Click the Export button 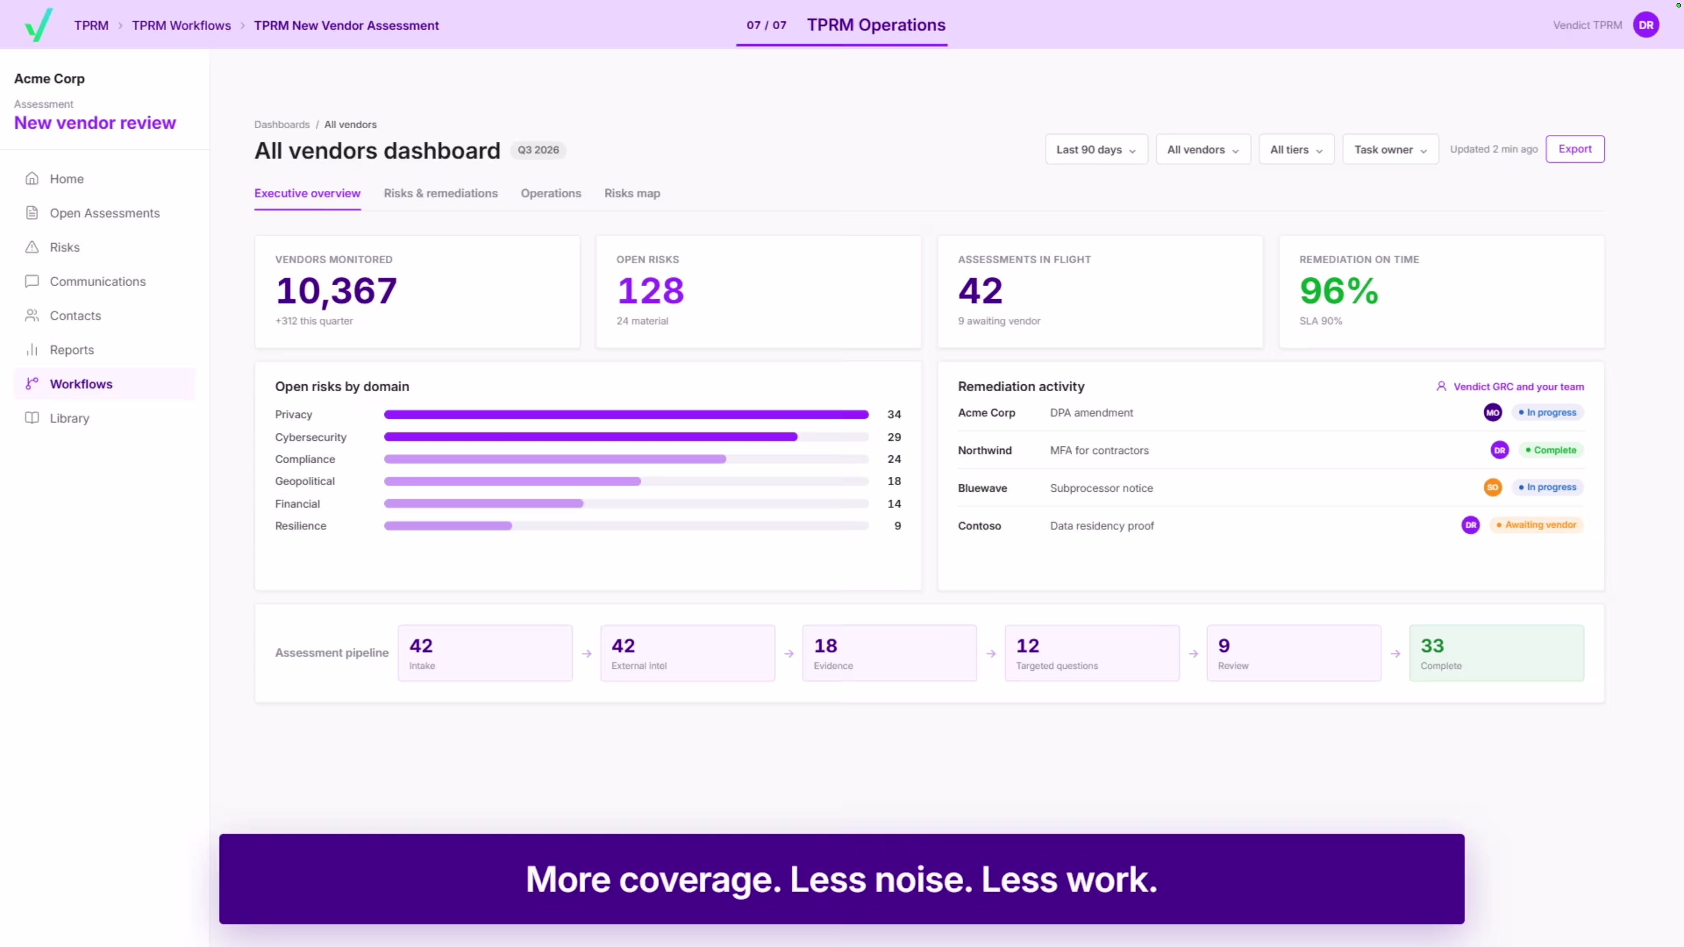point(1575,149)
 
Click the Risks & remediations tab point(441,194)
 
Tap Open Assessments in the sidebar point(104,213)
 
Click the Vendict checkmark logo point(39,25)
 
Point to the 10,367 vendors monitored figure point(336,291)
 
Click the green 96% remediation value point(1339,291)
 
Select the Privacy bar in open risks point(626,414)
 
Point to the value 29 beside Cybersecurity point(894,437)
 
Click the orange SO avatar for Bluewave point(1492,487)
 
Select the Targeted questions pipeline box point(1092,653)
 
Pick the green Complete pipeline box point(1497,653)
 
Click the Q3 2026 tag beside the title point(538,150)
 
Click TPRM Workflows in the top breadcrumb point(181,25)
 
